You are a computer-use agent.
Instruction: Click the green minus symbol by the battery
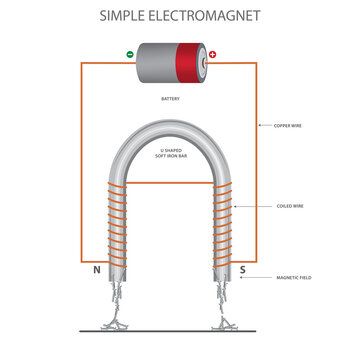pyautogui.click(x=129, y=54)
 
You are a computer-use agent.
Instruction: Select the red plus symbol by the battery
pyautogui.click(x=211, y=55)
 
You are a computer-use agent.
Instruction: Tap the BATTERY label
pyautogui.click(x=170, y=100)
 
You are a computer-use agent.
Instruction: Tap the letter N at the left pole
pyautogui.click(x=98, y=269)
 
